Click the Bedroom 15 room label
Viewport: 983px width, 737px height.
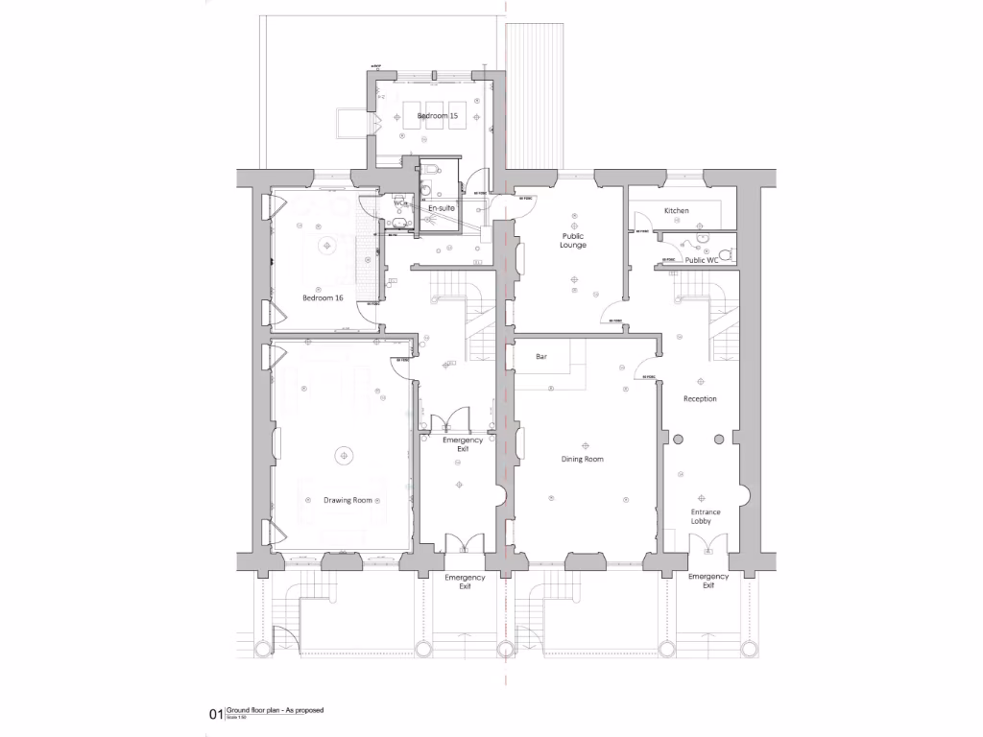point(437,116)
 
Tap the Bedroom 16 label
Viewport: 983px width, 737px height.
point(323,297)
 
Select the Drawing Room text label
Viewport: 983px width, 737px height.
point(347,500)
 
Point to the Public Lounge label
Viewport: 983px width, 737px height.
point(573,240)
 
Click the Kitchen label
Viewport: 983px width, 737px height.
point(677,210)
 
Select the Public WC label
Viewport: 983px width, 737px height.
point(701,260)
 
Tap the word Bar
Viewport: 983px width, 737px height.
point(541,357)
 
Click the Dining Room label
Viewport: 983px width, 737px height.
point(582,460)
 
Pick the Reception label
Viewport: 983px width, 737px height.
point(700,398)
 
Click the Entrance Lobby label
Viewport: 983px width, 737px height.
point(706,518)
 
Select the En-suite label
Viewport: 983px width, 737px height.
point(442,207)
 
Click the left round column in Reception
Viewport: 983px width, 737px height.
point(678,439)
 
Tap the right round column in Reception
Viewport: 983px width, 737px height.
point(717,439)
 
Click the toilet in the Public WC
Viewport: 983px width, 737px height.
point(729,253)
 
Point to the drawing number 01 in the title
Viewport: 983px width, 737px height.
point(215,714)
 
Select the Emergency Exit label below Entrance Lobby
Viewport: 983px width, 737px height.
point(707,581)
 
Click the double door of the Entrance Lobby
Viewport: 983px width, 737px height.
point(707,545)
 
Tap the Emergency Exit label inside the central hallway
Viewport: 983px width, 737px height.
point(462,444)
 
